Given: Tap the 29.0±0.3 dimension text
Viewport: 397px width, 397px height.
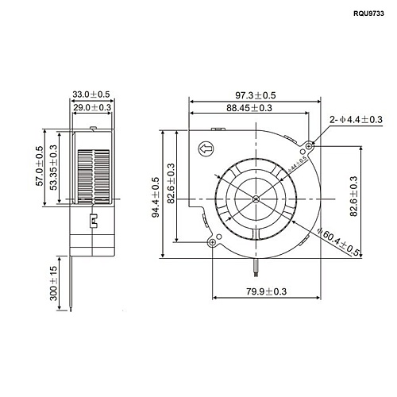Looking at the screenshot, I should click(x=93, y=106).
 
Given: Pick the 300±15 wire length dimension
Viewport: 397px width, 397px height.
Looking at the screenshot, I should click(x=54, y=286).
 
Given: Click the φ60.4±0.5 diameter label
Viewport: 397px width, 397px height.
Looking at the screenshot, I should click(x=339, y=241).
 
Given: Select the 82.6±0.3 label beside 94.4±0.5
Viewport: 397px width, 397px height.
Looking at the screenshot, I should click(x=172, y=193).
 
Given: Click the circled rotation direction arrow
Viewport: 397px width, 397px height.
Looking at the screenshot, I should click(x=205, y=147).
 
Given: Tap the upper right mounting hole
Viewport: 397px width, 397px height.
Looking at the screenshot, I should click(x=309, y=145).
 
